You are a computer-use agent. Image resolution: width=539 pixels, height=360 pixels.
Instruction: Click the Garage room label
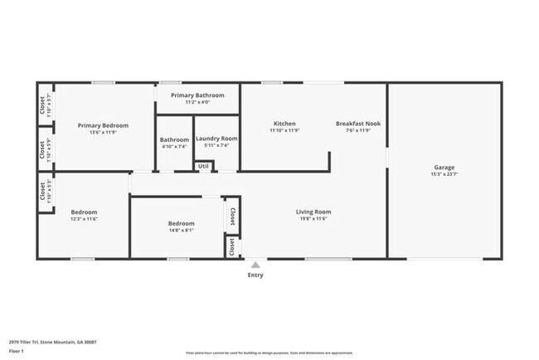[443, 167]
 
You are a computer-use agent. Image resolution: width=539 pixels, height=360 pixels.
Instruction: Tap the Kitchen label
[284, 124]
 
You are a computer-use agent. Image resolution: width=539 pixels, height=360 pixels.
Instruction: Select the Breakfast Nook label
[357, 124]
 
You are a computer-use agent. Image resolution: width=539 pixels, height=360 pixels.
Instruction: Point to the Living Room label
[313, 212]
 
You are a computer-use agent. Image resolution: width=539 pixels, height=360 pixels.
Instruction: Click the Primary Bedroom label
[104, 125]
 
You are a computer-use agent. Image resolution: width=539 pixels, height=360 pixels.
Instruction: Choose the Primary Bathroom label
[197, 95]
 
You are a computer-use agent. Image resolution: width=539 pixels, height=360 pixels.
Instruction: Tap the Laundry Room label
[216, 139]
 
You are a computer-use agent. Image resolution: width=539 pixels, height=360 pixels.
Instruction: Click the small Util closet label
[203, 166]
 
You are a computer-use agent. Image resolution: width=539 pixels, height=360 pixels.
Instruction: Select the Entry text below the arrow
[255, 275]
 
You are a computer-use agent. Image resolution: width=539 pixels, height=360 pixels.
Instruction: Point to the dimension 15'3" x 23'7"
[443, 174]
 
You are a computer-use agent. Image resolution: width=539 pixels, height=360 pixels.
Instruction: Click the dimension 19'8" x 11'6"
[313, 219]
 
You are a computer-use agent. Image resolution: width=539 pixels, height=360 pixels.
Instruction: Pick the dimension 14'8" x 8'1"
[181, 231]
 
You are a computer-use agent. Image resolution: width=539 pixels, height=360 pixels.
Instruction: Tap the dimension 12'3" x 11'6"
[84, 219]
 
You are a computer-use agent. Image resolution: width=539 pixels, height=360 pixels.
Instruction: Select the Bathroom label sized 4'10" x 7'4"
[174, 139]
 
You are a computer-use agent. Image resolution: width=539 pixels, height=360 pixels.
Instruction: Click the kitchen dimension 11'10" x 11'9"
[284, 131]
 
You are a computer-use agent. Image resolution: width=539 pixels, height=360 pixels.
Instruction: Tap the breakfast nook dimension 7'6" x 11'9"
[357, 131]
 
